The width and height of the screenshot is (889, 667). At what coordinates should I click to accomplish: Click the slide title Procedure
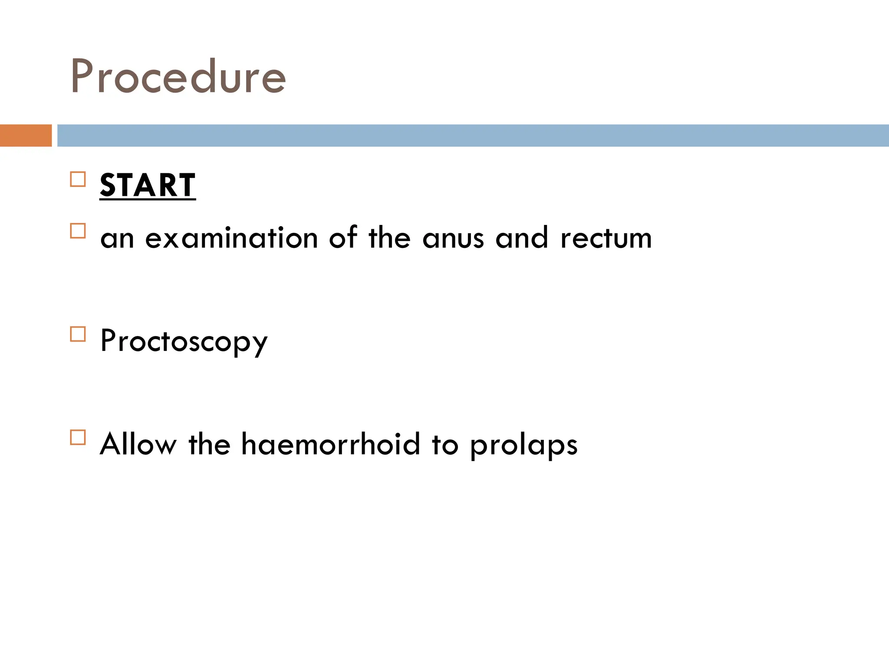pos(178,77)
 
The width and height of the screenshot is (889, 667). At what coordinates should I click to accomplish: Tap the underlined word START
pos(148,185)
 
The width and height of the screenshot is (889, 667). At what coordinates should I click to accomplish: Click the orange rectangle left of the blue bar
pos(26,135)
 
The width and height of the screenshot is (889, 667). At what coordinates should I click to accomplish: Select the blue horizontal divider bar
pos(473,135)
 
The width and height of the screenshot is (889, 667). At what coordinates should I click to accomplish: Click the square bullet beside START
pos(78,179)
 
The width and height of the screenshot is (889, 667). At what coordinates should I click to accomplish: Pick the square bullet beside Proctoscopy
pos(78,334)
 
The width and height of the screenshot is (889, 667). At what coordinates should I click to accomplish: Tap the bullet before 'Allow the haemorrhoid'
pos(78,437)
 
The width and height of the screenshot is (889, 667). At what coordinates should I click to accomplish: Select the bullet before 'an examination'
pos(78,231)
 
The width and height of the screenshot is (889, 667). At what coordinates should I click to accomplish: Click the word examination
pos(231,238)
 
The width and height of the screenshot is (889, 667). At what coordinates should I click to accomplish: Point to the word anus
pos(453,239)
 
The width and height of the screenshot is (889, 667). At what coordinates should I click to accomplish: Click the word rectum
pos(606,238)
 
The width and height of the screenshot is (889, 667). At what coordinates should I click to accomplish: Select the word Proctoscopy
pos(184,342)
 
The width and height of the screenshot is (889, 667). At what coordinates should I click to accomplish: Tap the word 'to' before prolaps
pos(445,445)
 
